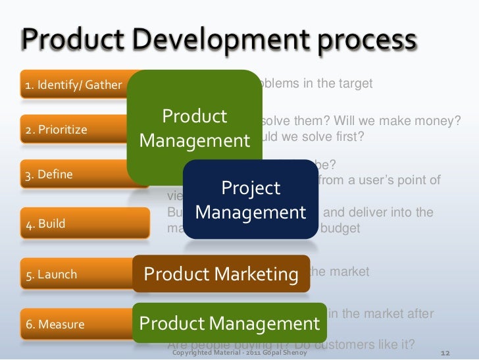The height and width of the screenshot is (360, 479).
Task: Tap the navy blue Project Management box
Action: tap(251, 200)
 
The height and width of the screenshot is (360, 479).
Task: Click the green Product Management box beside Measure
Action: tap(229, 323)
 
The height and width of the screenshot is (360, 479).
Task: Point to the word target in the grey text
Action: tap(355, 84)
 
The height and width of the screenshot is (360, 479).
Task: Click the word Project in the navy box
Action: tap(251, 188)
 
